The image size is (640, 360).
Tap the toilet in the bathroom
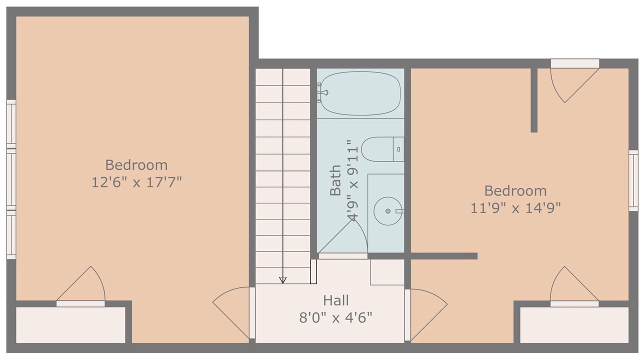[x=382, y=149]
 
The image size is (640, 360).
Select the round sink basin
[x=387, y=211]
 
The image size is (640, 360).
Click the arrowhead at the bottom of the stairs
[x=282, y=280]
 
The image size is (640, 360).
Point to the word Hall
[x=335, y=300]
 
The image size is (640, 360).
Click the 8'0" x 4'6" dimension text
[x=335, y=317]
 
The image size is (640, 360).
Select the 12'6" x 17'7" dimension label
[x=136, y=182]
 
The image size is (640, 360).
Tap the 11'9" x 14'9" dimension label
[x=515, y=207]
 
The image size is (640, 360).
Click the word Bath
[x=335, y=180]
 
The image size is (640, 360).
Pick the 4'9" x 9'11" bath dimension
[x=352, y=180]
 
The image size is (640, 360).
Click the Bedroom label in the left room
[x=136, y=165]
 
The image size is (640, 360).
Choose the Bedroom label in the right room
[x=515, y=191]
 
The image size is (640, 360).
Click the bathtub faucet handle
[x=324, y=92]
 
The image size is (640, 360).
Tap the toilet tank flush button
[x=398, y=149]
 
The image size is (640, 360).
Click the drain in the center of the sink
[x=387, y=211]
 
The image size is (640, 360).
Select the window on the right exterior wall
[x=633, y=180]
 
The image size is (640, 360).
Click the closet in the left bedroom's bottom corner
[x=70, y=325]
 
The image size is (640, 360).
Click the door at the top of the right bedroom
[x=574, y=81]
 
